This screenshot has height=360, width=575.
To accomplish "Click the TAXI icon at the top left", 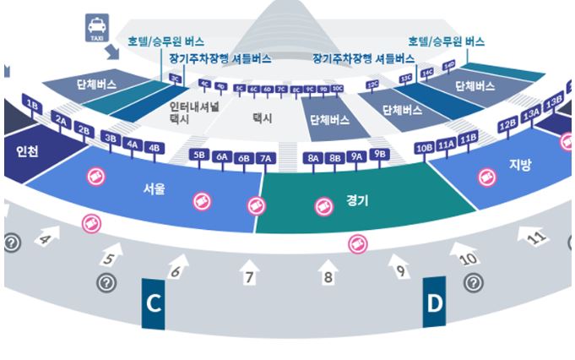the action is click(x=95, y=27).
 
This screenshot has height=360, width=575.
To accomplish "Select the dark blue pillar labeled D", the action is click(x=434, y=303).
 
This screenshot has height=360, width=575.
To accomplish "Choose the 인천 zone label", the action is click(x=27, y=153).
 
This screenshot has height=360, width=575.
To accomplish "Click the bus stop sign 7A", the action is click(x=266, y=157).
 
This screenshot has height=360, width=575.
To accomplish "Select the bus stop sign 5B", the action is click(x=200, y=155).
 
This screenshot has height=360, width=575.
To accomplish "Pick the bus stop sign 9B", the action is click(x=379, y=154).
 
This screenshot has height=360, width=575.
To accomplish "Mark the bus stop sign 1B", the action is click(x=34, y=106).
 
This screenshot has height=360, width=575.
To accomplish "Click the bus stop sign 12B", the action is click(x=507, y=125).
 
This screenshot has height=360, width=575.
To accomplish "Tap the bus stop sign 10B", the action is click(x=425, y=149).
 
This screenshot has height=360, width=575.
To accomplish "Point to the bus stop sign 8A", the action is click(x=313, y=157).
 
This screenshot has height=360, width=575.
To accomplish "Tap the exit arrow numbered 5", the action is click(x=111, y=253).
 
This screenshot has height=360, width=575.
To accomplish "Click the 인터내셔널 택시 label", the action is click(x=193, y=113).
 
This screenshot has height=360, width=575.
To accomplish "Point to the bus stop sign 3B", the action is click(x=111, y=137).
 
